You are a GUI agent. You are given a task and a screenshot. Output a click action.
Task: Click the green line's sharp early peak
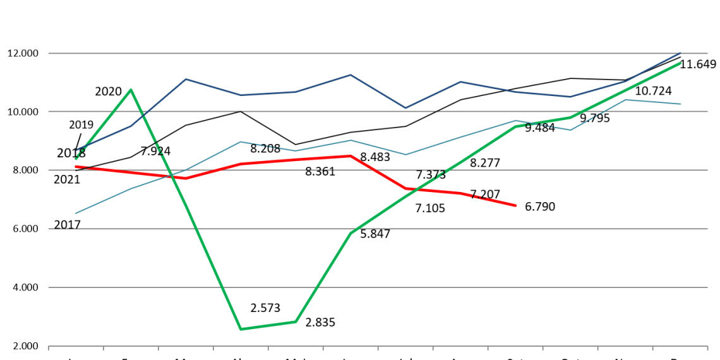point(131,90)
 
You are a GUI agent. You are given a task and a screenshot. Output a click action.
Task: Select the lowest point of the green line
point(241,329)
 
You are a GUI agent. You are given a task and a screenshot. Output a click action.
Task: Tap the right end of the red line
point(516,205)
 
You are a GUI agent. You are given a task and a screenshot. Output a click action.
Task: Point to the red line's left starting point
point(76,167)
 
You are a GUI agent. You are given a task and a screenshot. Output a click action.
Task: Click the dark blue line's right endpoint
point(681,52)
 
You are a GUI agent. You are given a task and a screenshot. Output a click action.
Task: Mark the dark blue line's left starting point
point(77,150)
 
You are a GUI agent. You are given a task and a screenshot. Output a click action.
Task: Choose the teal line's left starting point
point(76,213)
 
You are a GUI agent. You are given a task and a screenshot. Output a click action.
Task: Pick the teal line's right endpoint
point(681,104)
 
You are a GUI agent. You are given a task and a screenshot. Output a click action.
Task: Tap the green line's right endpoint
point(681,63)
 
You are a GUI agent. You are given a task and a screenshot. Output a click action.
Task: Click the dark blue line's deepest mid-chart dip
point(405,108)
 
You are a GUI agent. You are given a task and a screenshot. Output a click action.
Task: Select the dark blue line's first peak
point(186,79)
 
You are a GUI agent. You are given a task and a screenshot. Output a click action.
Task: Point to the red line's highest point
point(351,155)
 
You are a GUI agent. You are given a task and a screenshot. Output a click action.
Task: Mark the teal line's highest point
point(625,100)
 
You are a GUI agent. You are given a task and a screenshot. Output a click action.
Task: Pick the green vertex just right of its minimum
point(296,321)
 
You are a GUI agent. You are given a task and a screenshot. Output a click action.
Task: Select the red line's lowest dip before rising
point(186,178)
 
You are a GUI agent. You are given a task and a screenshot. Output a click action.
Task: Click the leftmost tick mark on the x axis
point(49,346)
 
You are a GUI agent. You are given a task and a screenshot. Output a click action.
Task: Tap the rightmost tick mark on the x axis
point(707,346)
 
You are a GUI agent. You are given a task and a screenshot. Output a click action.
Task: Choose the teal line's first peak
point(241,141)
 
